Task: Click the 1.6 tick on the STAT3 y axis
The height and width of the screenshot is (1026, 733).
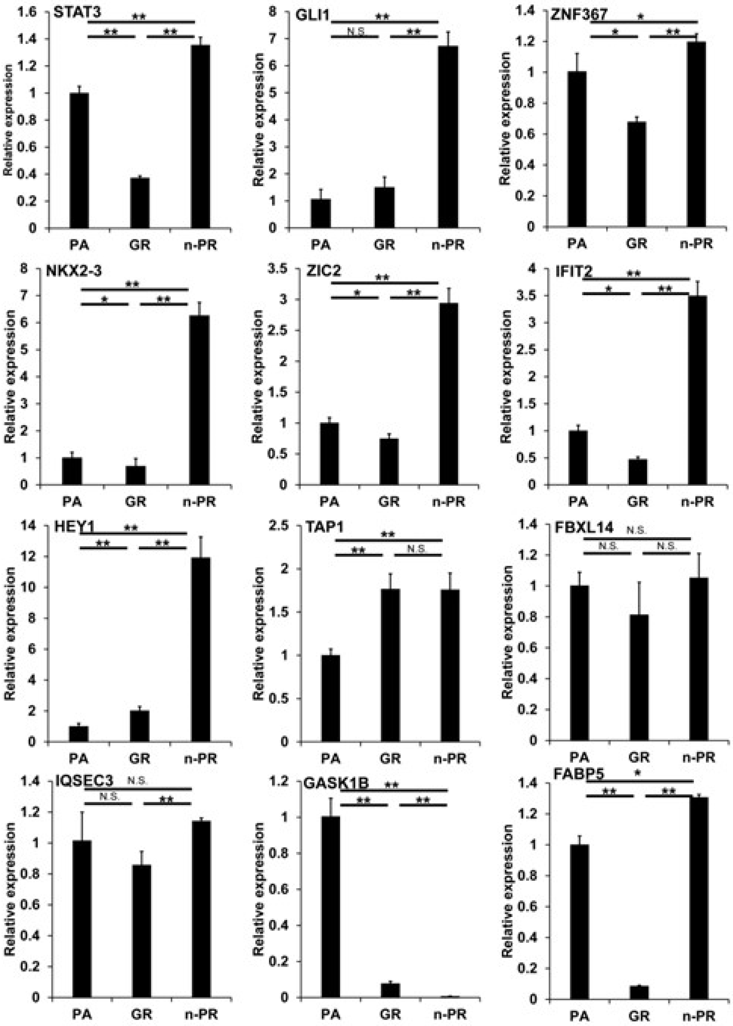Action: (x=27, y=12)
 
